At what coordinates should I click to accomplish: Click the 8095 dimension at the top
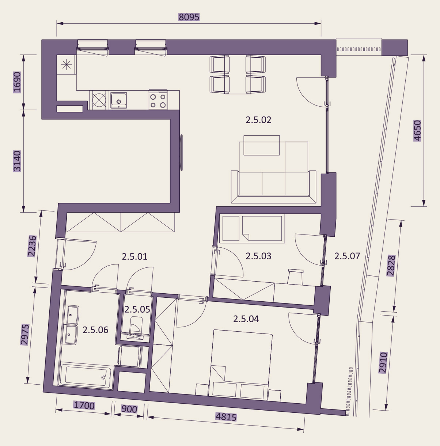coord(189,17)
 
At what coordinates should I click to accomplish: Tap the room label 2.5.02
coord(258,120)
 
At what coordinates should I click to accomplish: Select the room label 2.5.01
coord(134,257)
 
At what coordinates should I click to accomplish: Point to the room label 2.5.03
coord(258,256)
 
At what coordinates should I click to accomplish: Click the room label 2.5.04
coord(246,319)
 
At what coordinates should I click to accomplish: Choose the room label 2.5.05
coord(137,309)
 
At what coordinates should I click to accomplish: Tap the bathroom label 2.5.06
coord(95,330)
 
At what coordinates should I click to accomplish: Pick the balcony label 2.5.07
coord(347,256)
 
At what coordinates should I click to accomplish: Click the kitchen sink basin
coord(118,100)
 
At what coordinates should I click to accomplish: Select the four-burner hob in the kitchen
coord(158,100)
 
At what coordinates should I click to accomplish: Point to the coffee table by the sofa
coord(261,145)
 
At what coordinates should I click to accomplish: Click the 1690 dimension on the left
coord(17,82)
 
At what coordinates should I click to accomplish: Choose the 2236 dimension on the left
coord(32,246)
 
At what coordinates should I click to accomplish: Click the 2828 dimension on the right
coord(391,266)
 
